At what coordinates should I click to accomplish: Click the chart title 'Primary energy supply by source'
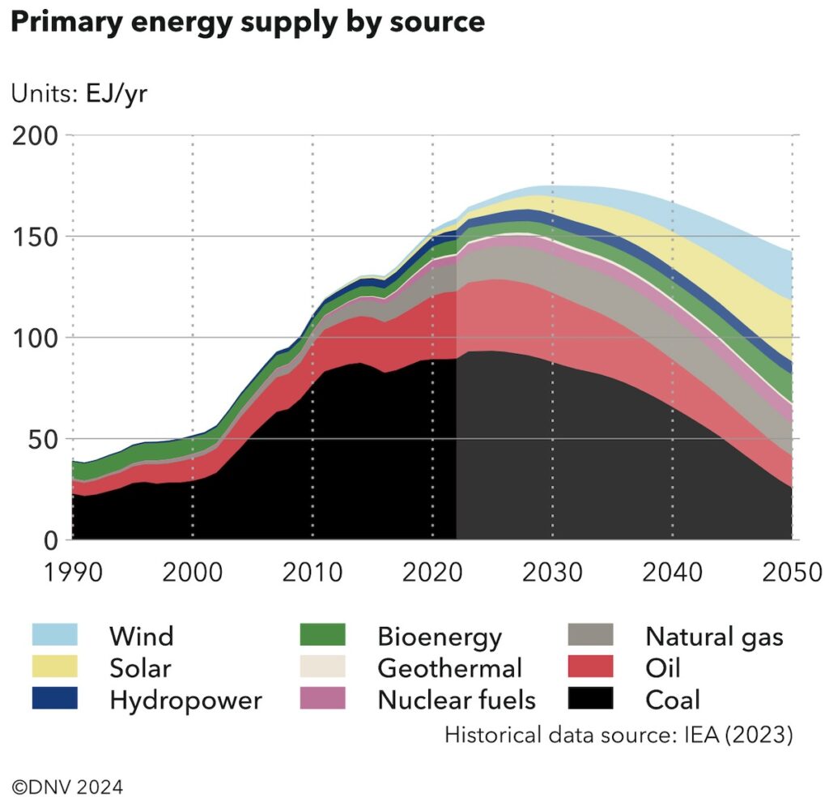[x=247, y=22]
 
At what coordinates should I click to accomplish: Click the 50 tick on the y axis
[x=45, y=438]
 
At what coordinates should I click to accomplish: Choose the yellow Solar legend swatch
[x=54, y=667]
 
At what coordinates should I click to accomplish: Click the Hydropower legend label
[x=185, y=699]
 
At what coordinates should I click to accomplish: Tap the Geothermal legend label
[x=449, y=667]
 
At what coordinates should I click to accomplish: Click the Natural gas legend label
[x=714, y=636]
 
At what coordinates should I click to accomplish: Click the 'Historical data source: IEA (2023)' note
[x=619, y=735]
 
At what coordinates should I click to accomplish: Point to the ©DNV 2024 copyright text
[x=68, y=786]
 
